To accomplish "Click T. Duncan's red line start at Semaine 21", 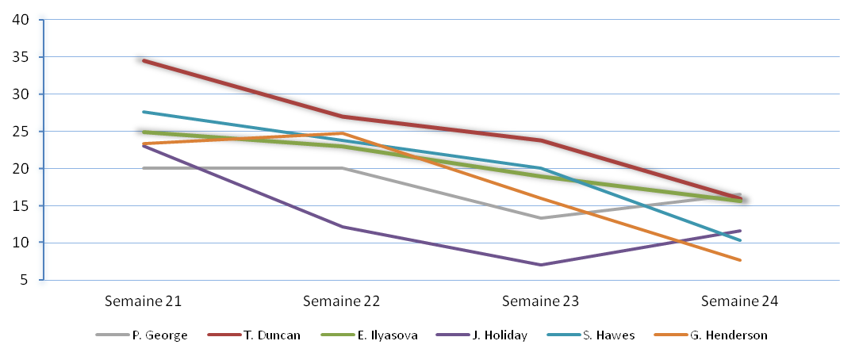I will pos(144,60).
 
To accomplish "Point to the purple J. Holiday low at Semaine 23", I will pos(541,265).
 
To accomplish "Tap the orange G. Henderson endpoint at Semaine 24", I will pos(740,260).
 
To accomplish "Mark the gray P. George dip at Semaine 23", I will pos(541,218).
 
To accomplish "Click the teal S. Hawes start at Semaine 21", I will pos(144,112).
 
